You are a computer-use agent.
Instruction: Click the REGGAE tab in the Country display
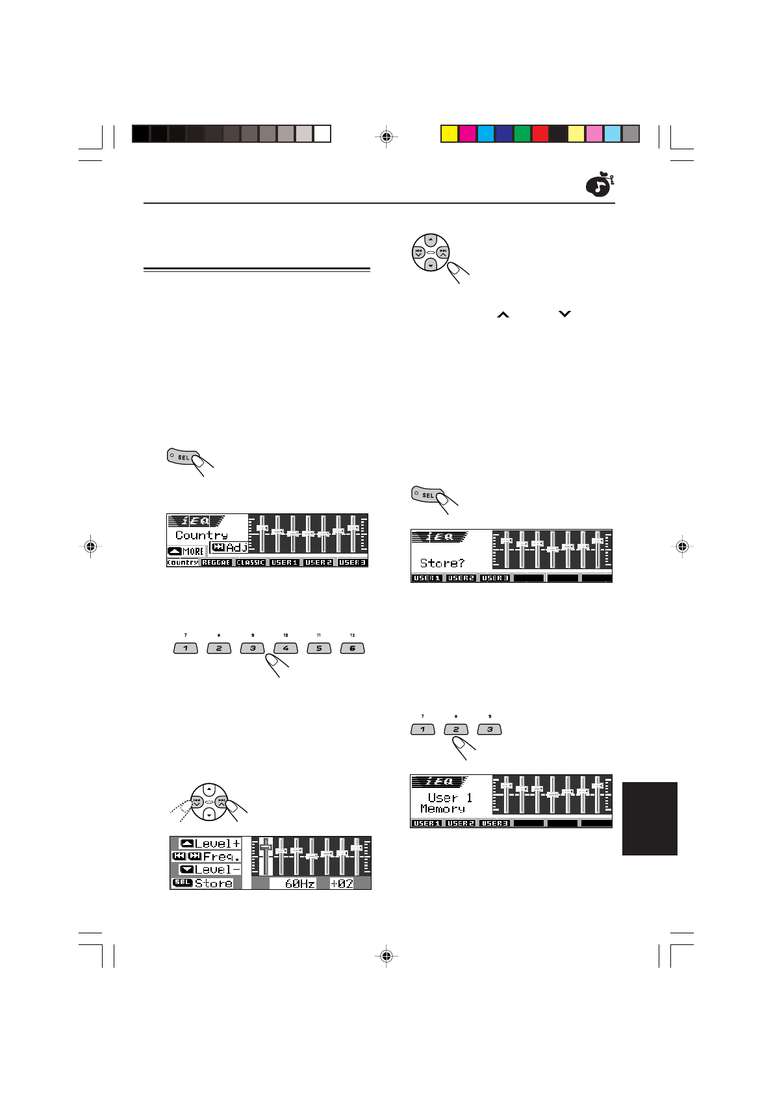tap(216, 563)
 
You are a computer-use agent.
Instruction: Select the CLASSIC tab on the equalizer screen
tap(250, 563)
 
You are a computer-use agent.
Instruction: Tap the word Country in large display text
tap(201, 535)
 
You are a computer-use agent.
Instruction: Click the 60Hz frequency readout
tap(299, 883)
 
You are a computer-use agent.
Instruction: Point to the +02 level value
tap(342, 883)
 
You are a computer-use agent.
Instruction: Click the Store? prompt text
tap(442, 563)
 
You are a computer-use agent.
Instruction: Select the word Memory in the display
tap(442, 809)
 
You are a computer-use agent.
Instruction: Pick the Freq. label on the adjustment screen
tap(222, 857)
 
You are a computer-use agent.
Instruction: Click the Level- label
tap(218, 870)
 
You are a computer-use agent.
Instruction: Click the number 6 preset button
tap(352, 648)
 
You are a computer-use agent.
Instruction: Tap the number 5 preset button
tap(319, 648)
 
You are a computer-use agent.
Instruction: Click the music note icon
tap(599, 186)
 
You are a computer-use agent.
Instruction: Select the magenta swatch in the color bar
tap(467, 134)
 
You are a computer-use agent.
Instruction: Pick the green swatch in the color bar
tap(522, 134)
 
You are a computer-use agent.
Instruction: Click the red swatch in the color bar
tap(540, 134)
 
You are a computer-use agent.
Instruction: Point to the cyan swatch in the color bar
tap(485, 134)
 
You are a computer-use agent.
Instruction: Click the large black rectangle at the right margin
tap(650, 818)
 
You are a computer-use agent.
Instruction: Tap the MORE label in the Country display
tap(193, 551)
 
